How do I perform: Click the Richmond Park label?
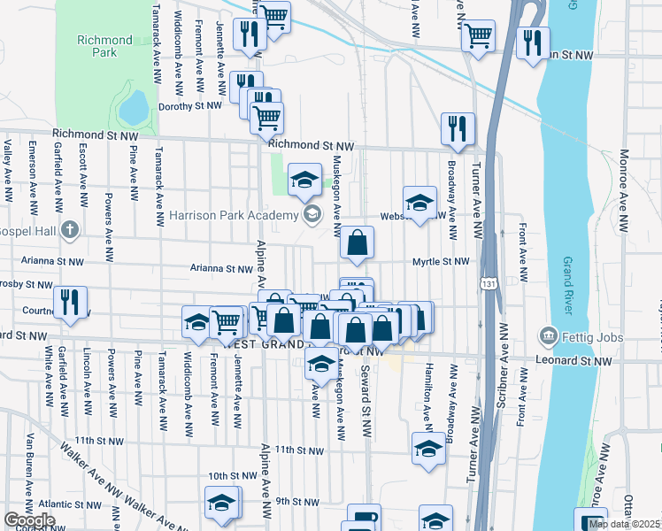(104, 46)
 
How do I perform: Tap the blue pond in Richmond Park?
(133, 108)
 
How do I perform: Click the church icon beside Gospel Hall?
(70, 230)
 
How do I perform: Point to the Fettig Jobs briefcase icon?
(548, 337)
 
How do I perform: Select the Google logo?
(28, 520)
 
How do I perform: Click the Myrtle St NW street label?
(440, 262)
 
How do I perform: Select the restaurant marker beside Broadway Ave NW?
(458, 129)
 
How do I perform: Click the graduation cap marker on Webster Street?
(420, 202)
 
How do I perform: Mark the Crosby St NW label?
(27, 285)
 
